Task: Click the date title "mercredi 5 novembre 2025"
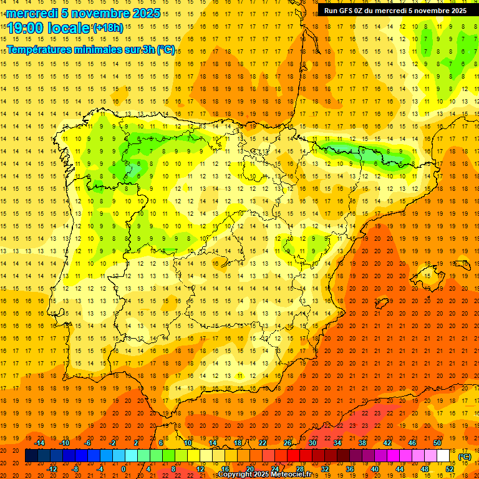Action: pos(83,13)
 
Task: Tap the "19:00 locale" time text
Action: pos(49,28)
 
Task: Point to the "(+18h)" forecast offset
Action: pos(109,28)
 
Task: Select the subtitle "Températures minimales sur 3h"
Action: pos(81,50)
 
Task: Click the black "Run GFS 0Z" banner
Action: pos(395,11)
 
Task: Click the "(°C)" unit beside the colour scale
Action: pos(465,457)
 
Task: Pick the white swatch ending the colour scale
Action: pos(443,456)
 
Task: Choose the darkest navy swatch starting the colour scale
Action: pos(31,456)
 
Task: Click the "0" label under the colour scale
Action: pos(123,468)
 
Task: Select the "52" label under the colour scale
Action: pos(449,468)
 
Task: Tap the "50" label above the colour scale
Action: pos(437,443)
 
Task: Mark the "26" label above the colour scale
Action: pos(288,443)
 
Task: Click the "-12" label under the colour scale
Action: pos(52,468)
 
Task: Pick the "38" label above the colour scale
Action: pos(362,443)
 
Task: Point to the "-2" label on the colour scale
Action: pos(113,443)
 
